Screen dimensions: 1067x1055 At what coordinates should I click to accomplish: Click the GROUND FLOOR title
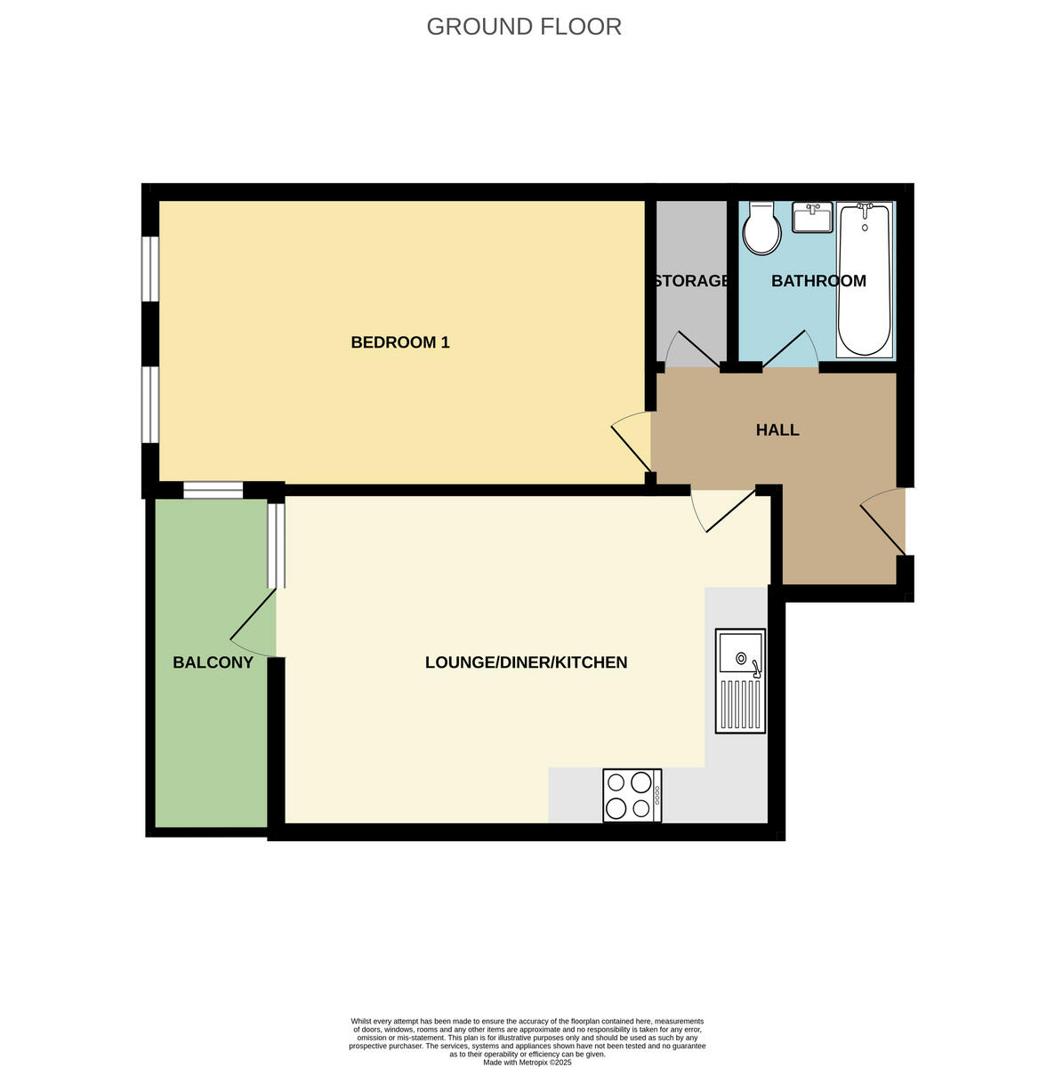(524, 27)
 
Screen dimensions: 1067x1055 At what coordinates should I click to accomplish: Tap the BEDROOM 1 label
(400, 342)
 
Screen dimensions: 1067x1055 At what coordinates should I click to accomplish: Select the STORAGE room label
(691, 281)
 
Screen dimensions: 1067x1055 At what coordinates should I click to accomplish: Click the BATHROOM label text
(818, 281)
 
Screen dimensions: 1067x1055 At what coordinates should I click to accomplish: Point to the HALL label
(777, 430)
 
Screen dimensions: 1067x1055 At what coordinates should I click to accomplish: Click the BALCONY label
(213, 662)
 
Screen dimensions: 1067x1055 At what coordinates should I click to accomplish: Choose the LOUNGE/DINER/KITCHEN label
(526, 662)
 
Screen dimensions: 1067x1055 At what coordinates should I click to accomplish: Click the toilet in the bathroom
(762, 227)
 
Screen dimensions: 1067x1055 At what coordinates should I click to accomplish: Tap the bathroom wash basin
(811, 216)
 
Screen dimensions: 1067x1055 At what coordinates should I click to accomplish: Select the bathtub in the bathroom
(864, 279)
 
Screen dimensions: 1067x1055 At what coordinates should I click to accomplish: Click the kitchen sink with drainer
(741, 682)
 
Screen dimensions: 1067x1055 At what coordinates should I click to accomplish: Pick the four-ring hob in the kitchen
(632, 795)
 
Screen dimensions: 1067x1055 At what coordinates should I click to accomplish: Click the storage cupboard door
(694, 350)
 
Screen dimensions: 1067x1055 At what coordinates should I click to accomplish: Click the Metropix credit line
(527, 1062)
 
